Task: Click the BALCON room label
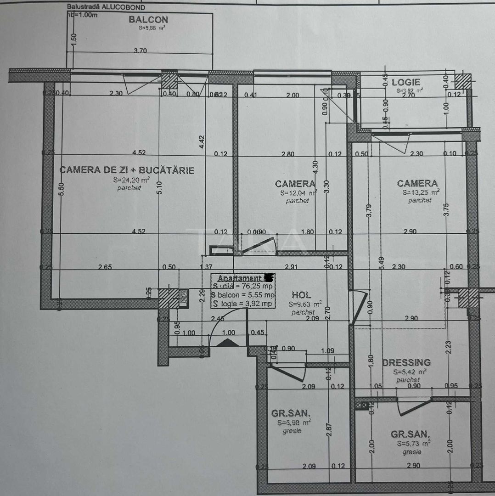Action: tap(148, 20)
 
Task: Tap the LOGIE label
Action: tap(405, 82)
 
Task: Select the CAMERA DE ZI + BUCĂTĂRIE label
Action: tap(127, 170)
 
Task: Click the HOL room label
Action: tap(301, 295)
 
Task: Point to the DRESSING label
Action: tap(406, 362)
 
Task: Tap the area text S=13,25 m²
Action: tap(421, 192)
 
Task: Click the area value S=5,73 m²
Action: tap(413, 444)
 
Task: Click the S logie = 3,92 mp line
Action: tap(242, 304)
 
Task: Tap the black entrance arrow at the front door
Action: tap(228, 343)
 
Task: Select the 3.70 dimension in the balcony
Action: tap(140, 51)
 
